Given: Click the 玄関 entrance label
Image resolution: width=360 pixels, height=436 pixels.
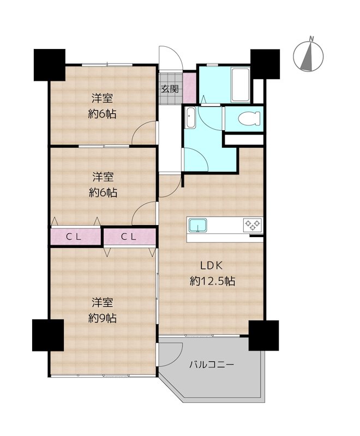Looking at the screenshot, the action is coord(170,89).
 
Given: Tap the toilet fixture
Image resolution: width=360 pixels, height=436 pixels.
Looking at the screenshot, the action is coord(249,119).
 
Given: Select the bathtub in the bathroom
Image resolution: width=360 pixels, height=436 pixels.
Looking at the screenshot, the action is coord(241,85).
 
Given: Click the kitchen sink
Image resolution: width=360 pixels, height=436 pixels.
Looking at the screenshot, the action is coord(198,225).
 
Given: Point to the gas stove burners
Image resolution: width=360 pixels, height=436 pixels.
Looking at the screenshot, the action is coord(253,224).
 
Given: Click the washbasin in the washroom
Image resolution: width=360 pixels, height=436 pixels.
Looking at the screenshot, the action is coord(190,118).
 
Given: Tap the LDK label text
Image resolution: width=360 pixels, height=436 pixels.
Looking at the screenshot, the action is coord(212,265).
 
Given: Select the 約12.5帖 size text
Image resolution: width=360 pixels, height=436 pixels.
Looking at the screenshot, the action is coord(213,281).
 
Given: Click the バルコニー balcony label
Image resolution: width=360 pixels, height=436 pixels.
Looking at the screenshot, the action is coord(212,364).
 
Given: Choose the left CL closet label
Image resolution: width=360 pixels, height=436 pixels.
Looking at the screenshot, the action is coord(74,237).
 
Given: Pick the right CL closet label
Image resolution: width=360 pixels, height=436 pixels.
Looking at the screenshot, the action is coord(129,237).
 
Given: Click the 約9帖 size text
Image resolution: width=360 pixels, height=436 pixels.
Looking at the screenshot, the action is coord(103,318).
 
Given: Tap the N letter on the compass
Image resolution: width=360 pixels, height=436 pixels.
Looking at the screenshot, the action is coord(312,39).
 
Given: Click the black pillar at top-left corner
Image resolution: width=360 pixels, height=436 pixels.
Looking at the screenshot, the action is coord(50,65).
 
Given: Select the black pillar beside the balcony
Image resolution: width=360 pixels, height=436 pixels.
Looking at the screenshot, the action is coord(263,335).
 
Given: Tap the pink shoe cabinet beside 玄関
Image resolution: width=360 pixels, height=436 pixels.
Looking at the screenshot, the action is coord(190,87).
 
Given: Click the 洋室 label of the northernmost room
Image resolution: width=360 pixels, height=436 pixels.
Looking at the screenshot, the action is coord(103,99).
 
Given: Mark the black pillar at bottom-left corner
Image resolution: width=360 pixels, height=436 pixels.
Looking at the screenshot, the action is coord(48,335).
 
